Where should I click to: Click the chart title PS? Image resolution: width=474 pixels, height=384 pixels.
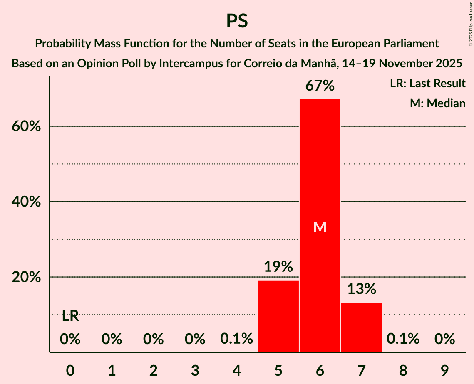point(237,21)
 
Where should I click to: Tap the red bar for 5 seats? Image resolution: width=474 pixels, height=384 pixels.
point(278,316)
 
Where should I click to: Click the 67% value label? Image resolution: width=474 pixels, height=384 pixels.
point(320,86)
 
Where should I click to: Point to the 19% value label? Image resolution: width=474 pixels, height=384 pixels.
point(278,266)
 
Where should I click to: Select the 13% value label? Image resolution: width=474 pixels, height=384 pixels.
point(361,288)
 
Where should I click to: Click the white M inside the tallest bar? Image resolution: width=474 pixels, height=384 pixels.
point(320,227)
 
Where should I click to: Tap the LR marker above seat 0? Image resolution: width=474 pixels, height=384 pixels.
point(70,316)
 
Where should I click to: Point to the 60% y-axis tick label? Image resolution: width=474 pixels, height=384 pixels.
point(26,126)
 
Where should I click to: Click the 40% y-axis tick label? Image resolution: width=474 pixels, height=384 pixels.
point(26,202)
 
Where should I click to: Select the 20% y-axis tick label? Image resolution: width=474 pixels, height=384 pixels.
point(26,277)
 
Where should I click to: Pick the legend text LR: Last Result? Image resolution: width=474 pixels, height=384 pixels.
point(427,84)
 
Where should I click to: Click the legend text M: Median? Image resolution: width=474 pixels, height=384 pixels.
point(437,103)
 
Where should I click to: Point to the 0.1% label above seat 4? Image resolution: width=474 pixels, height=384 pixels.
point(237,339)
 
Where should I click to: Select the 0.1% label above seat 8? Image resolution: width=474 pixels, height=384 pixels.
point(403,339)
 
